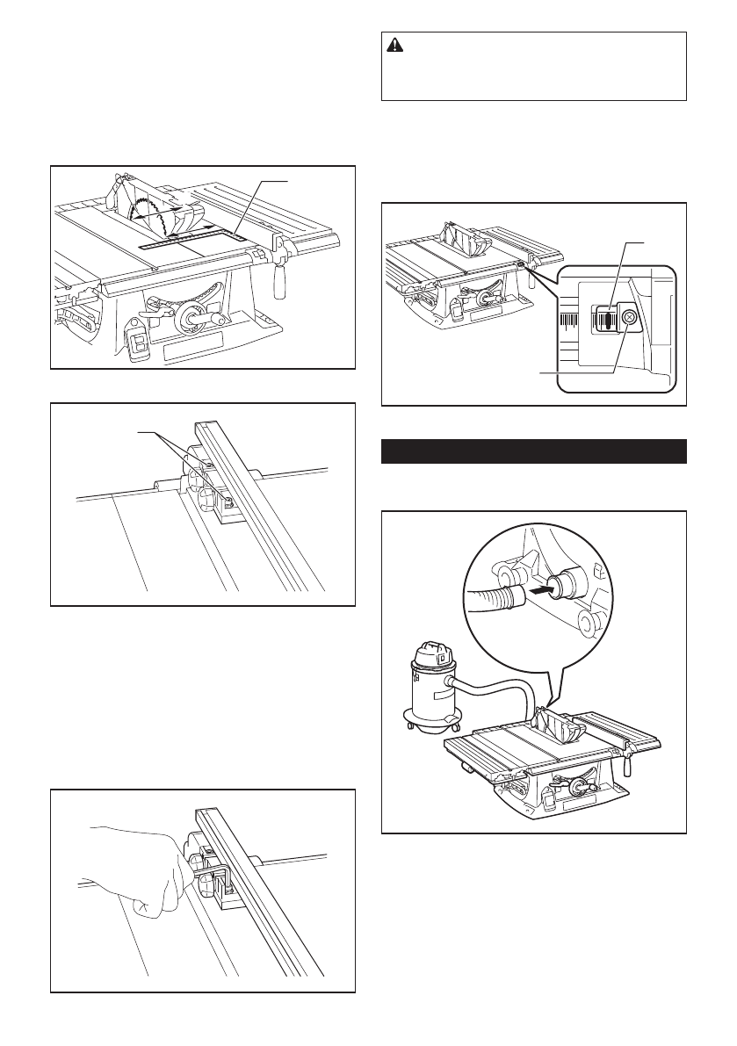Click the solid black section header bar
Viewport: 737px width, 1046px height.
click(x=534, y=451)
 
